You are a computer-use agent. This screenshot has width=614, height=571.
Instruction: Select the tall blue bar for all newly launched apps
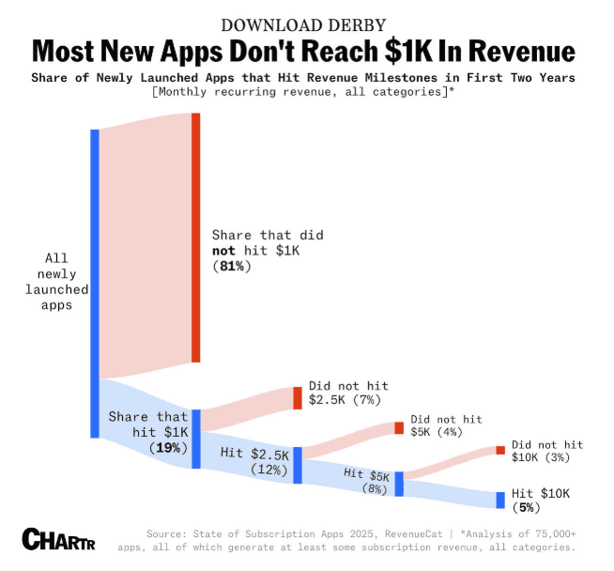click(95, 282)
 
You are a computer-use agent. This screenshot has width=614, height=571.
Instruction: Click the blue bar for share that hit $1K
click(196, 438)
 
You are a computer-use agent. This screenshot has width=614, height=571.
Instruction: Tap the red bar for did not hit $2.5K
click(298, 397)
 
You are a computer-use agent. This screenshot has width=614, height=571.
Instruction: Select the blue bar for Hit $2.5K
click(298, 465)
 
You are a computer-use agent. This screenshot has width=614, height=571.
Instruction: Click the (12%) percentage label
click(269, 469)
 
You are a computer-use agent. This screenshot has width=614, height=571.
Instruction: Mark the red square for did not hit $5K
click(399, 428)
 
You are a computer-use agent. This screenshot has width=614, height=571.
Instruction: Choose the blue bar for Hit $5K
click(399, 483)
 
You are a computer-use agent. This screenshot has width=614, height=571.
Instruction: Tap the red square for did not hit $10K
click(500, 450)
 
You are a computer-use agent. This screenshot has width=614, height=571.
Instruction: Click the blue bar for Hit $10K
click(500, 500)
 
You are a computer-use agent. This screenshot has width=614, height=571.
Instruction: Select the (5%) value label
click(527, 508)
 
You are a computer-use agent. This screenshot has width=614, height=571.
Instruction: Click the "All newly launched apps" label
click(56, 281)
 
